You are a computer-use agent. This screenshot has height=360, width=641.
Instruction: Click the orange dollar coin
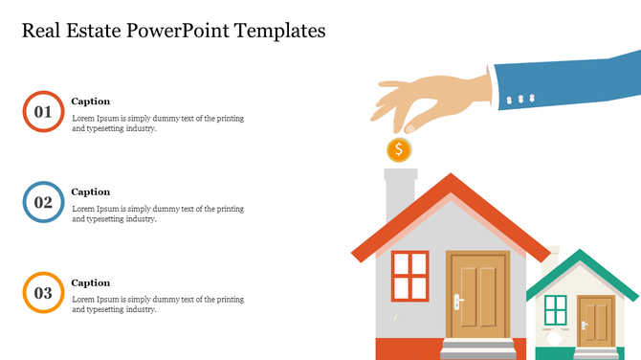(399, 149)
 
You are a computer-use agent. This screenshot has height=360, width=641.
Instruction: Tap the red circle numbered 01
(43, 111)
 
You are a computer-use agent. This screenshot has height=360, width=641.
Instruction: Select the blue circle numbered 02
(43, 202)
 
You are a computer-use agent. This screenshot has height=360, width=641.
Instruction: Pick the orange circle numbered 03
(43, 293)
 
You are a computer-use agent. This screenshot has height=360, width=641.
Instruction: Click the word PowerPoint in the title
(191, 31)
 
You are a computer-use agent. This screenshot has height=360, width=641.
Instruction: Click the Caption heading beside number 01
(91, 101)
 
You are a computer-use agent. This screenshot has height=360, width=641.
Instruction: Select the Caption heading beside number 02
(91, 191)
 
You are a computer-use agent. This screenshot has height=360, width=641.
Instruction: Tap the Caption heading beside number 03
(91, 282)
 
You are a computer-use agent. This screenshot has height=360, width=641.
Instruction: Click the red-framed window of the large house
(410, 275)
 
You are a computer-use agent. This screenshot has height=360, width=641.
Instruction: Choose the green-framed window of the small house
(555, 310)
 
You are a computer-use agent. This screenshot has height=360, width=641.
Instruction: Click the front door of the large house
(478, 295)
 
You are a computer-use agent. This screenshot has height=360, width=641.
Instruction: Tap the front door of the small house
(596, 320)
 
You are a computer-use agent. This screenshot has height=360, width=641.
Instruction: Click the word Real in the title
(44, 31)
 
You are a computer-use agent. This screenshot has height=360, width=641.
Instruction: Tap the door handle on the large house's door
(458, 302)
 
